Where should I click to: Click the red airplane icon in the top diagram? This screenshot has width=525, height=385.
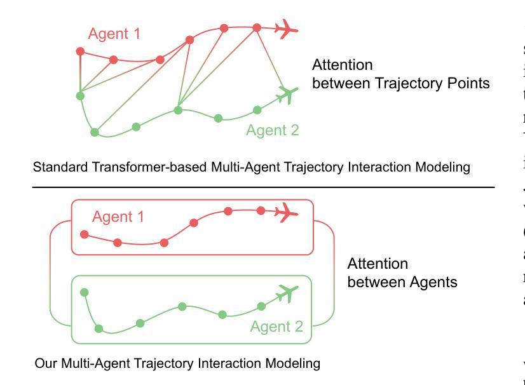point(288,28)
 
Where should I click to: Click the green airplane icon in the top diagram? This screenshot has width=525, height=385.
point(288,95)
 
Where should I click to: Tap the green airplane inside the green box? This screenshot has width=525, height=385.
point(288,294)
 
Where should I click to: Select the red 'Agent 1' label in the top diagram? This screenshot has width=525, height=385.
point(114,34)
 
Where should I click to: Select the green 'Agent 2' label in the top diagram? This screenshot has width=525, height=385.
point(272,131)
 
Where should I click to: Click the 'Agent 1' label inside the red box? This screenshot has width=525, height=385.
point(118,217)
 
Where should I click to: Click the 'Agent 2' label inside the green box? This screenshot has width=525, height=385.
point(276,327)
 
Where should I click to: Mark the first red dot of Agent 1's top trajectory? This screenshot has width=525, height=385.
point(80,51)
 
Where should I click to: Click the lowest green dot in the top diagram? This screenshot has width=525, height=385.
point(95,132)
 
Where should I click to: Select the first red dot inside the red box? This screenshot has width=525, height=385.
point(85,234)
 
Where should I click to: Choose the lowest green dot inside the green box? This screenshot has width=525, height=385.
point(99,328)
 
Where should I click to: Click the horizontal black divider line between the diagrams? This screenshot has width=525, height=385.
point(263,187)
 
